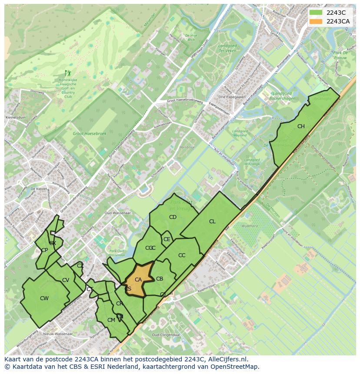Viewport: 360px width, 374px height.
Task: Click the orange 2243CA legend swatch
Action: (316, 21)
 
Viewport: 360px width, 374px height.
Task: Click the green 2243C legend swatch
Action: (316, 12)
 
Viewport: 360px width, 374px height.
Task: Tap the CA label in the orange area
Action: (138, 280)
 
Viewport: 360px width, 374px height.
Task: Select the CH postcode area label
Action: (301, 126)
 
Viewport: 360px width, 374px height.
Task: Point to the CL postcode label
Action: (212, 222)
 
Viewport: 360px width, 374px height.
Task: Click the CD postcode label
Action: (173, 217)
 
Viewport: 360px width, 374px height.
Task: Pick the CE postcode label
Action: (167, 239)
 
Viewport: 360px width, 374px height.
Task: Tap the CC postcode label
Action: (182, 255)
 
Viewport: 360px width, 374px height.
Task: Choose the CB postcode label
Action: (160, 279)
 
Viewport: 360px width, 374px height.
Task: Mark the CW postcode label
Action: (44, 298)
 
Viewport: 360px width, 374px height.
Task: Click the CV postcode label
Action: (66, 280)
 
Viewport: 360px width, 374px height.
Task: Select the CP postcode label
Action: (44, 250)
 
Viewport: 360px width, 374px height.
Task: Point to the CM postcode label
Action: (111, 320)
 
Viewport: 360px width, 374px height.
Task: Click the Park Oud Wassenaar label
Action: (117, 253)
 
